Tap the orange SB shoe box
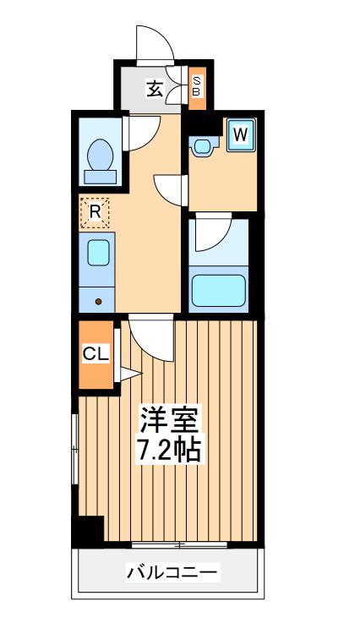(196, 87)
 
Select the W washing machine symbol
(240, 134)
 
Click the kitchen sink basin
(96, 254)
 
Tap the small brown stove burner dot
(98, 300)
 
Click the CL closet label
(95, 354)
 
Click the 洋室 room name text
(170, 420)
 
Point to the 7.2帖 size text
(169, 449)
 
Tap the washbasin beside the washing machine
(202, 147)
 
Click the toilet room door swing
(142, 132)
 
